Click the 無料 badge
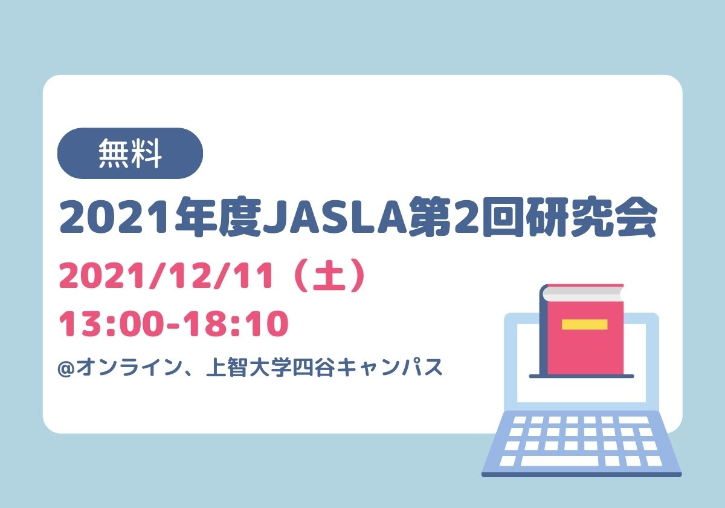(130, 153)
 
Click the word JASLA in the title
(334, 217)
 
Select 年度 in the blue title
(218, 216)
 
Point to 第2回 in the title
(466, 216)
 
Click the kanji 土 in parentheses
(328, 276)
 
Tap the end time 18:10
(236, 324)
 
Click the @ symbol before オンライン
(66, 368)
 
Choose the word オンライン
(128, 368)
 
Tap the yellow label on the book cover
(585, 325)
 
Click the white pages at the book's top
(582, 294)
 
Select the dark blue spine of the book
(543, 334)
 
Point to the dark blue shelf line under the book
(581, 376)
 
